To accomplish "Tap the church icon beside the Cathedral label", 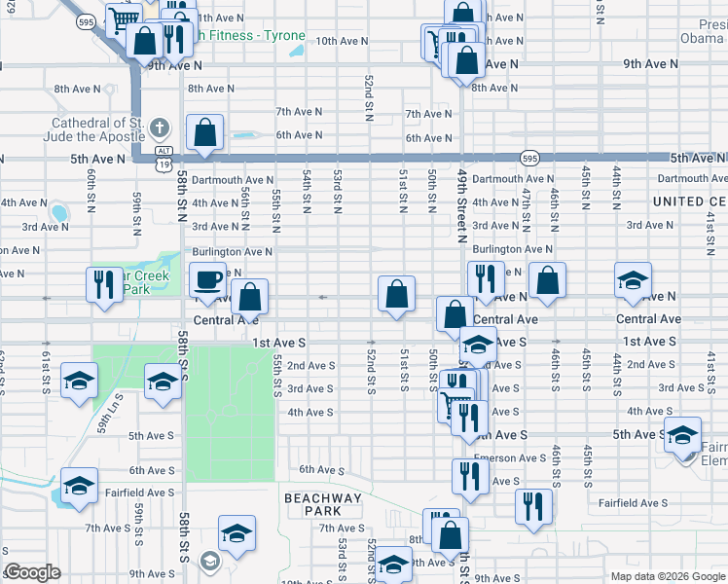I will [x=161, y=128].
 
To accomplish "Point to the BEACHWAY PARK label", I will [x=323, y=504].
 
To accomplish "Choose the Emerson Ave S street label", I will [x=510, y=457].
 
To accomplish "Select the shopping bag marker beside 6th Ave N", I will [x=205, y=134].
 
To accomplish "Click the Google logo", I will [x=32, y=572].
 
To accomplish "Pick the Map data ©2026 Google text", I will [x=668, y=575].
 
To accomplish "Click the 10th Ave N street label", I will [x=342, y=41].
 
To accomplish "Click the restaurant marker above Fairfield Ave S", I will [x=532, y=507].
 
